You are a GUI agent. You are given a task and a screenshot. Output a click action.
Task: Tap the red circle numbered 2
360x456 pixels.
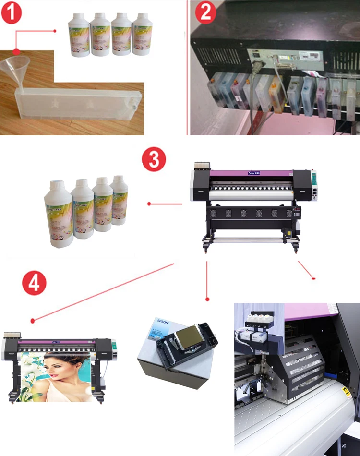tap(206, 12)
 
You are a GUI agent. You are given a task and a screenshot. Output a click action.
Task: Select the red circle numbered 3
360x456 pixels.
tap(154, 160)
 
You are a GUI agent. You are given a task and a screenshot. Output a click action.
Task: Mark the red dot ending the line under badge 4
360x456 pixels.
tap(32, 320)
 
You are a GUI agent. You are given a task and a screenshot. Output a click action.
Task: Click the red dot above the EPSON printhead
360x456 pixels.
tap(207, 299)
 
